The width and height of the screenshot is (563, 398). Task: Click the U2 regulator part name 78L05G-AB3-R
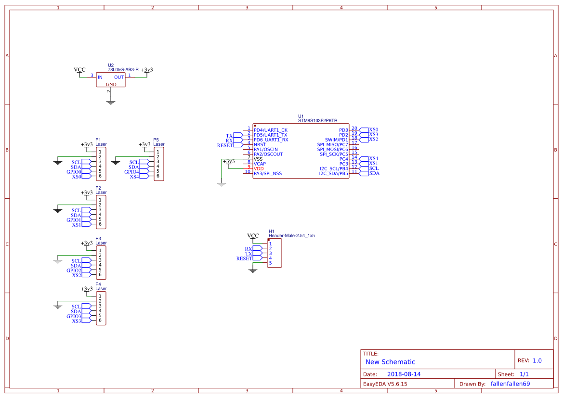click(123, 70)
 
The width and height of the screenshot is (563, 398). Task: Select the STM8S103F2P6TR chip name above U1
click(317, 121)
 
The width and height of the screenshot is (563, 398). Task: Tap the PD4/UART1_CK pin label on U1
click(270, 130)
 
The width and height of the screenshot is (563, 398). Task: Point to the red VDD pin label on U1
click(259, 168)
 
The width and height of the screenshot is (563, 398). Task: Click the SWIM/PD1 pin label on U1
click(336, 140)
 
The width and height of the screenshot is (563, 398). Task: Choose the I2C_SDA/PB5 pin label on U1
click(333, 173)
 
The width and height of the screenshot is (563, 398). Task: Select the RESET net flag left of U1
click(225, 145)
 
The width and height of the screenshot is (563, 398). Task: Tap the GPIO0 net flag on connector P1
click(74, 172)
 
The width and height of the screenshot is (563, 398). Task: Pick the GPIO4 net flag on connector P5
click(131, 172)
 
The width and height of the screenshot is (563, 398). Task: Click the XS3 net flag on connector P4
click(77, 321)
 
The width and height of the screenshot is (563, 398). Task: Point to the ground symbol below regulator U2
click(111, 102)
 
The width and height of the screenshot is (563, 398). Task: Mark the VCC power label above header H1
click(253, 236)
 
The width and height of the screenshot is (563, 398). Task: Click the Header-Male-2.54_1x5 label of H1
click(291, 236)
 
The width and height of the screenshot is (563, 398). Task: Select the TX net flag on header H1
click(249, 254)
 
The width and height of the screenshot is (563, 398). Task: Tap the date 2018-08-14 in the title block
click(404, 374)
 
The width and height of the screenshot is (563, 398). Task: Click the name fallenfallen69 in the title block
click(510, 384)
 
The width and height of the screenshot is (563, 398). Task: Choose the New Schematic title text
click(390, 362)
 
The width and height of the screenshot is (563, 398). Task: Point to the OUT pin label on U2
click(118, 77)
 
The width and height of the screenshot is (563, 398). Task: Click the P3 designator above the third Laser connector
click(98, 238)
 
